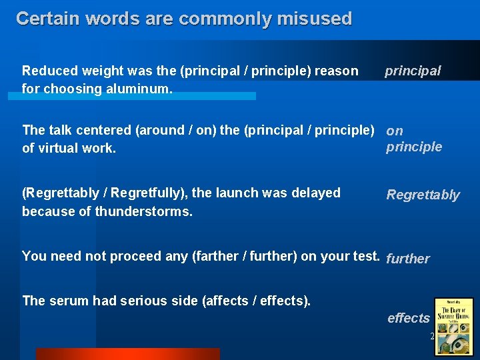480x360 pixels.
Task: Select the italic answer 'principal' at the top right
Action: point(413,71)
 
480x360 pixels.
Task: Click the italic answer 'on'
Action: point(395,131)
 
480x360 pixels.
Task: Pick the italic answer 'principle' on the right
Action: point(413,147)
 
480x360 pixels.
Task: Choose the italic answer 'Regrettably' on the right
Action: point(423,195)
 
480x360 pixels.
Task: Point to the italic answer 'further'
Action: point(408,259)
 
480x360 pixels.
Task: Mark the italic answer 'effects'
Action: point(408,318)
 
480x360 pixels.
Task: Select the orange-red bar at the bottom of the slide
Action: point(127,354)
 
